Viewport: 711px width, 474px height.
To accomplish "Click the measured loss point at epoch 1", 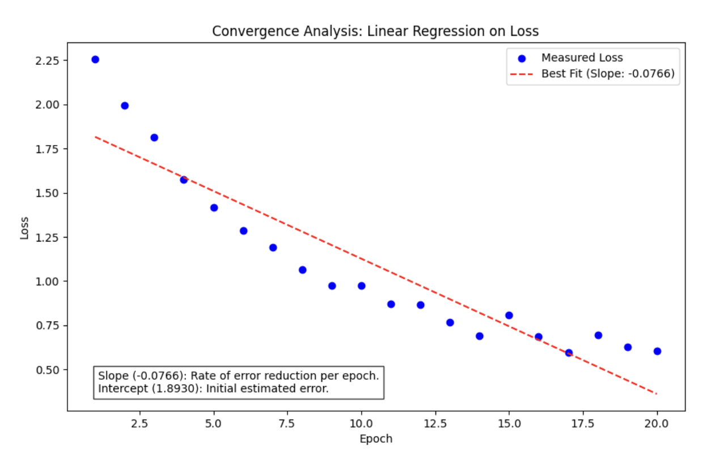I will point(95,60).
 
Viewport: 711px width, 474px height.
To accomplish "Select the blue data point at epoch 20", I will point(657,351).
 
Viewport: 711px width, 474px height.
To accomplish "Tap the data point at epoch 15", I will point(509,315).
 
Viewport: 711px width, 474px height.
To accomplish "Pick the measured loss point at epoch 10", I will point(361,286).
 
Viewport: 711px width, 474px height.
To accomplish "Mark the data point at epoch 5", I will point(214,208).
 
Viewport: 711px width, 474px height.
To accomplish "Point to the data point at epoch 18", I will point(598,335).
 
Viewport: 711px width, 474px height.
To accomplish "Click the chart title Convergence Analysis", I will point(375,31).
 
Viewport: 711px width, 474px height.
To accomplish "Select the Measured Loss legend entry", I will point(582,58).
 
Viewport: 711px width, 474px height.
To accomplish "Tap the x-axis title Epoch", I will point(376,439).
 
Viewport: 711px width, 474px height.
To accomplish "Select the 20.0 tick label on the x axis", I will point(657,423).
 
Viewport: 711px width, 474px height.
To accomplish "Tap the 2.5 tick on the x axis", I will point(139,423).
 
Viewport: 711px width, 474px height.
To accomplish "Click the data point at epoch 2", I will point(125,105).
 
